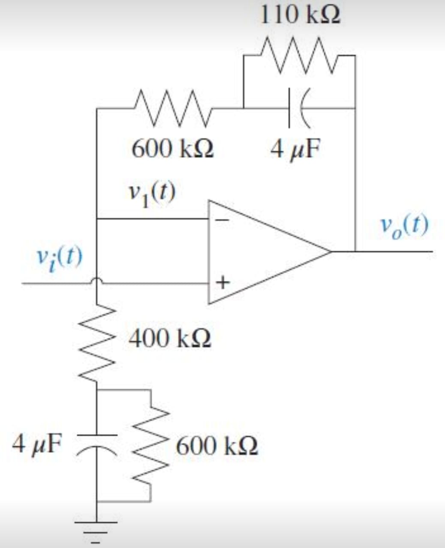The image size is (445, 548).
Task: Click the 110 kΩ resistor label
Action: [300, 16]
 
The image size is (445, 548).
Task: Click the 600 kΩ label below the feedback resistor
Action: [173, 149]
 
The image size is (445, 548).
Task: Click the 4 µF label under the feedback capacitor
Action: [295, 149]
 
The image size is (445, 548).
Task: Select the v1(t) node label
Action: [152, 194]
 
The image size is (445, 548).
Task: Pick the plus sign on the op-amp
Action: [223, 283]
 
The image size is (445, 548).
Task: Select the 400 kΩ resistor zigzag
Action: [97, 342]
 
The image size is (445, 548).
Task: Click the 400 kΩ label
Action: [170, 339]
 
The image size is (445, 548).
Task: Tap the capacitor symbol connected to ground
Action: [97, 441]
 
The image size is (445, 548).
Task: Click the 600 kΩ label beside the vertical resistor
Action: [217, 446]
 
